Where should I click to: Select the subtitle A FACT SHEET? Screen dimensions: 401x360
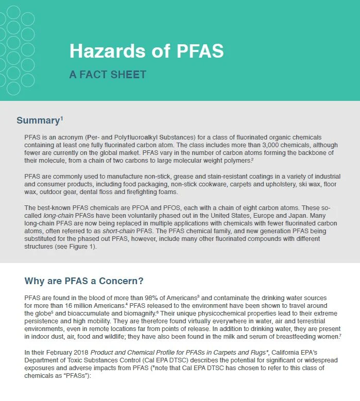pos(108,75)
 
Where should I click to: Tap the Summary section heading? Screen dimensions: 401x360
pos(38,121)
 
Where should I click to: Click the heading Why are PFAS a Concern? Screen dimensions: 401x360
pos(84,281)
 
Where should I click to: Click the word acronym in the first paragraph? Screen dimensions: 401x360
pos(71,137)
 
